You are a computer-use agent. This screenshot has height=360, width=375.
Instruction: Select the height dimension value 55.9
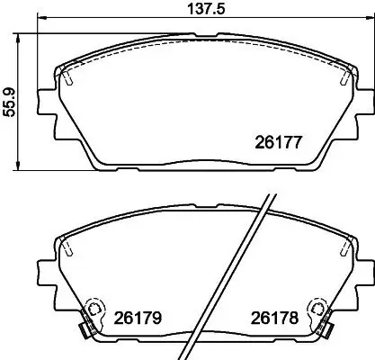(9, 101)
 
